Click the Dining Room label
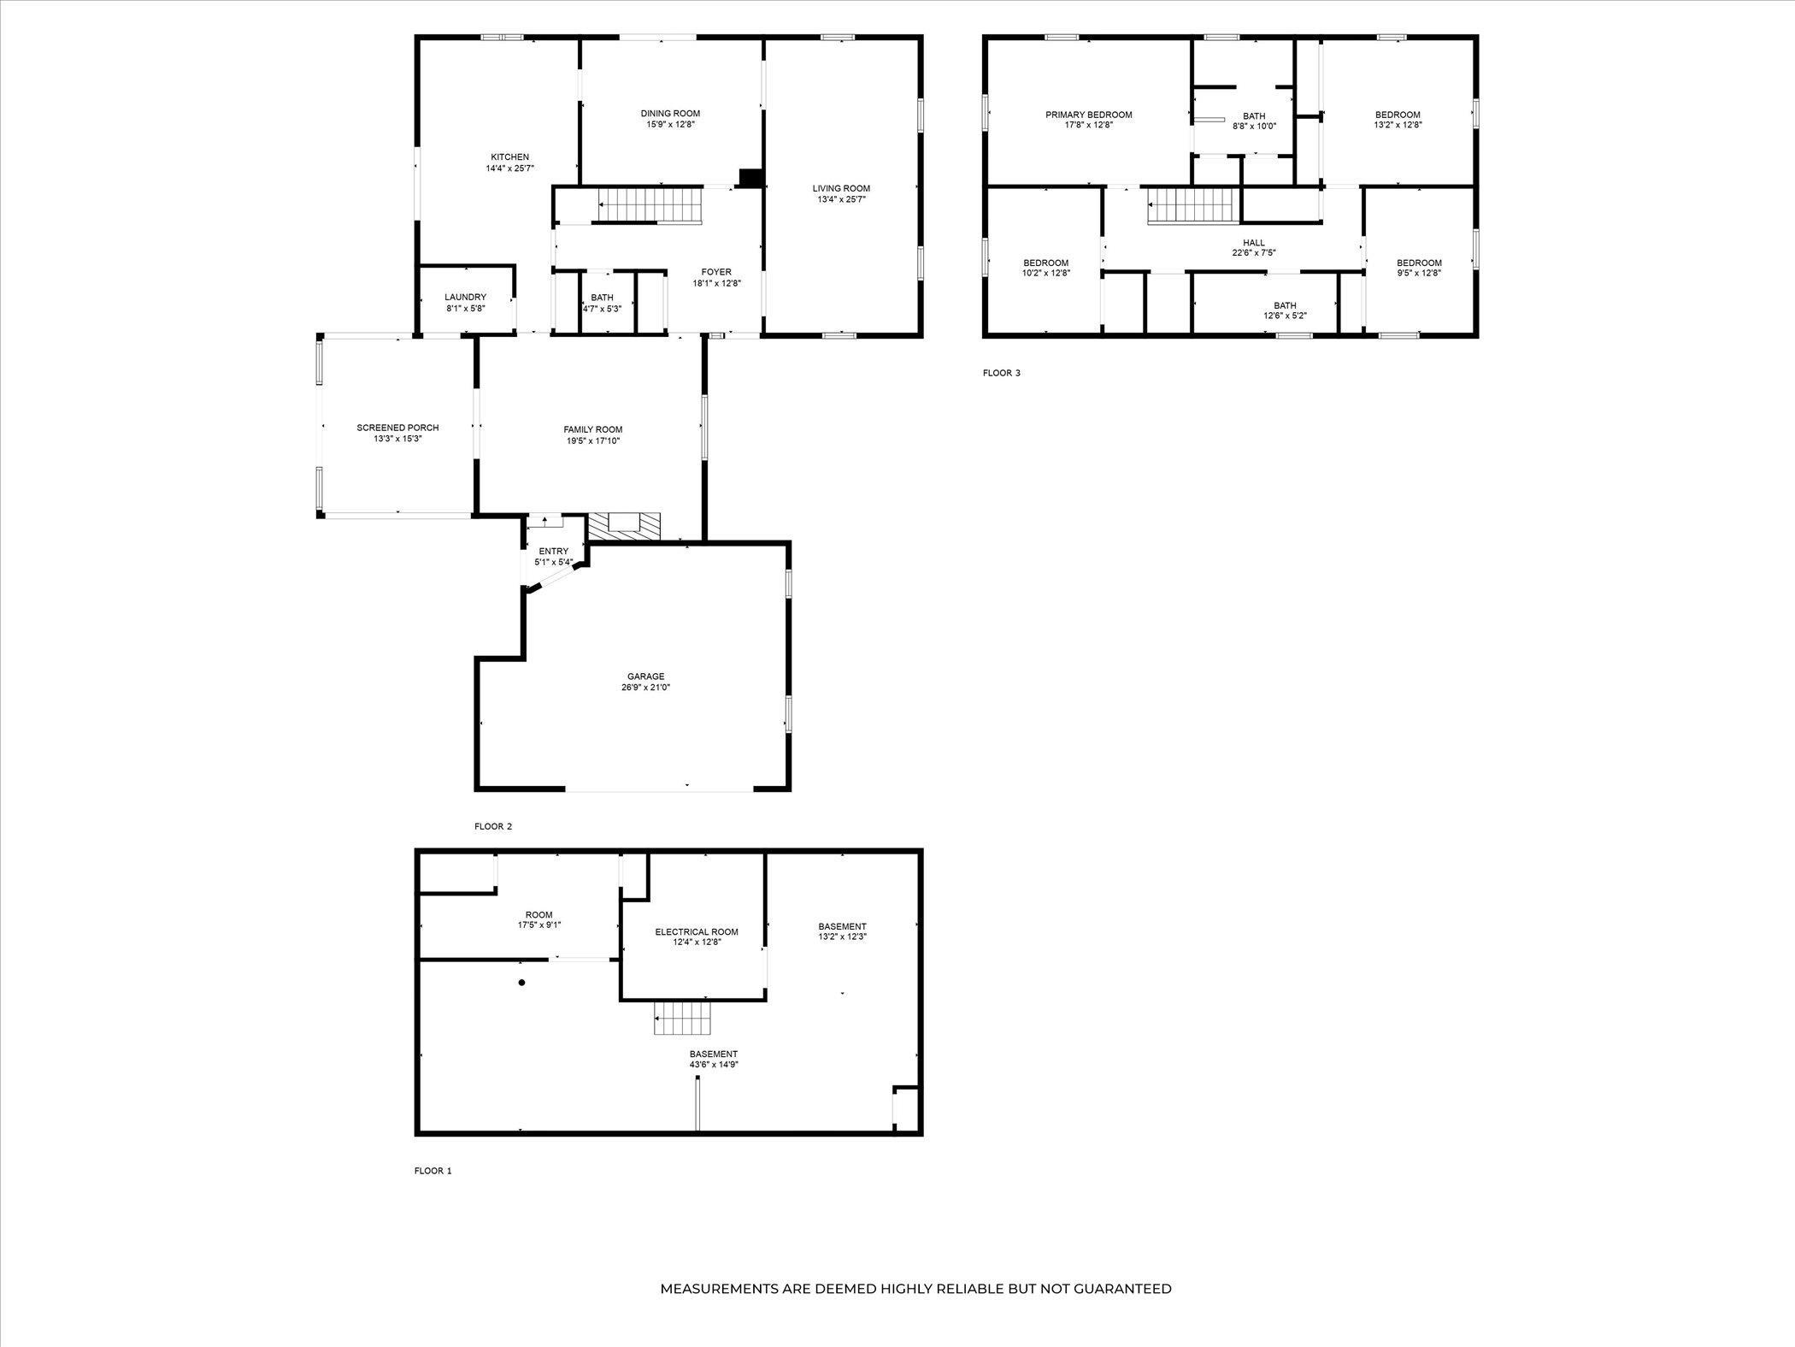(670, 114)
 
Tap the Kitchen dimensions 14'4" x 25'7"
(509, 168)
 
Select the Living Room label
(841, 189)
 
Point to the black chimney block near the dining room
(750, 178)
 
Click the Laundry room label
(465, 298)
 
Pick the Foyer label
(716, 272)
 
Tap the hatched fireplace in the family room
(625, 527)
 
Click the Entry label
(553, 552)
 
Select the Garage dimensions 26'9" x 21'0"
(645, 687)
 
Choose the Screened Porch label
(397, 428)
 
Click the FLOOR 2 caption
(493, 827)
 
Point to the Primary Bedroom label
(1089, 115)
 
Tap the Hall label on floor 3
(1254, 243)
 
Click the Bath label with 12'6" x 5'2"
(1285, 305)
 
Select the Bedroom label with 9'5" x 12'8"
(1419, 263)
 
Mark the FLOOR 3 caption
(1001, 373)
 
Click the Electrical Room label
(697, 932)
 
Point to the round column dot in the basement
(521, 983)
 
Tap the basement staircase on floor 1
(683, 1018)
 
